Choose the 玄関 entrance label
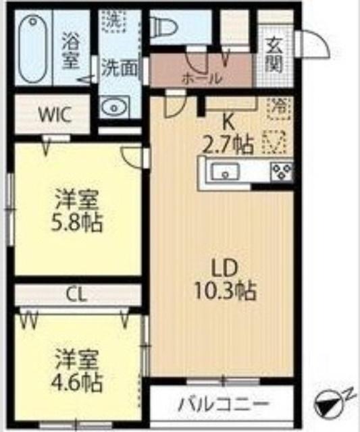274,55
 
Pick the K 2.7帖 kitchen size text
228,134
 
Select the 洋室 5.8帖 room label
78,211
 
